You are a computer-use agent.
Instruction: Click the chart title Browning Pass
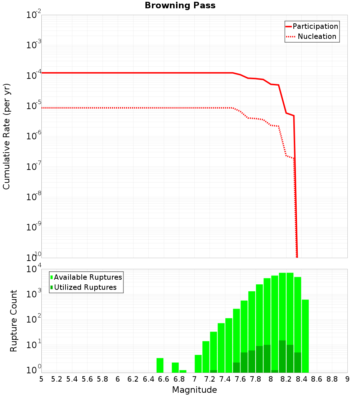[x=180, y=5]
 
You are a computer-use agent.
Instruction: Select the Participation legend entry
[x=312, y=26]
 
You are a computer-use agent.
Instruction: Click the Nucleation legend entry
[x=312, y=36]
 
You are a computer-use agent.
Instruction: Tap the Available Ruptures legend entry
[x=86, y=277]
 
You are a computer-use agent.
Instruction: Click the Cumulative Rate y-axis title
[x=6, y=136]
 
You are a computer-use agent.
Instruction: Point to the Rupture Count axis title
[x=14, y=321]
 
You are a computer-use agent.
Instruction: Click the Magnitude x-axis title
[x=194, y=390]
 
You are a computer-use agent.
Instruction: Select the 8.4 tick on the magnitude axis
[x=301, y=379]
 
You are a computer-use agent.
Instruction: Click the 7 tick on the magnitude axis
[x=194, y=379]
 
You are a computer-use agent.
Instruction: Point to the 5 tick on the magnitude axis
[x=41, y=379]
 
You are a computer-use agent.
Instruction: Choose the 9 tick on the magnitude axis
[x=347, y=379]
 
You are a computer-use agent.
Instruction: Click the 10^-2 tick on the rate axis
[x=34, y=15]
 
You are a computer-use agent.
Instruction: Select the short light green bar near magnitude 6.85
[x=183, y=371]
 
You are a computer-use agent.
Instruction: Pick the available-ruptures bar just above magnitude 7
[x=198, y=364]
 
